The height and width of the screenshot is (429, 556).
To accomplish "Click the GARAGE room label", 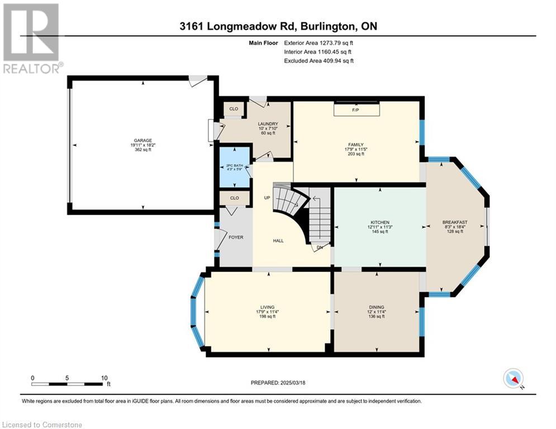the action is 143,140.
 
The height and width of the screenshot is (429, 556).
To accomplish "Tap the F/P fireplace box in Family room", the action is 357,109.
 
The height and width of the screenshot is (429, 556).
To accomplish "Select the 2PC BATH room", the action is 234,167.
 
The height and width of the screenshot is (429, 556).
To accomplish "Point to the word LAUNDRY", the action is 268,124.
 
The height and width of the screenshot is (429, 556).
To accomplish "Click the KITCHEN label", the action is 380,222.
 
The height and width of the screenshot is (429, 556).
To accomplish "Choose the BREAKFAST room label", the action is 455,222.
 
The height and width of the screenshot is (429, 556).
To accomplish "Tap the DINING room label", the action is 376,307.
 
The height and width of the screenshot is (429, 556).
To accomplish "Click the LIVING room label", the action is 267,307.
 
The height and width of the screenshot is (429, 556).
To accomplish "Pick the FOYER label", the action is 236,237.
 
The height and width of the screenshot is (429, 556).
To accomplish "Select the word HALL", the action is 278,241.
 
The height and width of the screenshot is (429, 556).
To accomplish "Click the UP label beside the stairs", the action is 267,198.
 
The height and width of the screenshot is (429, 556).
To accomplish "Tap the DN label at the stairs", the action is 320,247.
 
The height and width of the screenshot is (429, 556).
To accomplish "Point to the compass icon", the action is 514,379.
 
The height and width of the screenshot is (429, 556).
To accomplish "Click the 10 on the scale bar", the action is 104,378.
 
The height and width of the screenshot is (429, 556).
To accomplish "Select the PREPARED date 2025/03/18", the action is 293,383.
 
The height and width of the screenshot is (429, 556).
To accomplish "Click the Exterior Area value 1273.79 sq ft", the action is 336,43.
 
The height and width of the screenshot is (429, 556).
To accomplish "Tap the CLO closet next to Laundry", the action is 234,109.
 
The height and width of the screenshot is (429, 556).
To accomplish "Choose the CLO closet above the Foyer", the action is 234,198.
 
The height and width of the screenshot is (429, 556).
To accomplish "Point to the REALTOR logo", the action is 31,39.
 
